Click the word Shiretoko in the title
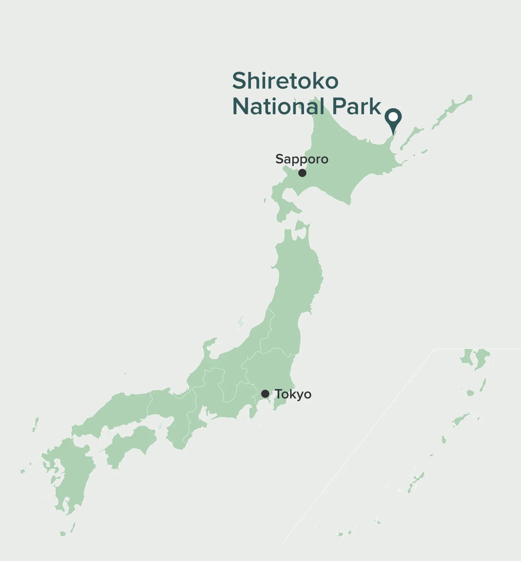pos(285,81)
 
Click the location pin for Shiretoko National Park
pos(393,120)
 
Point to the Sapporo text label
pos(302,159)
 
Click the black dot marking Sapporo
pos(302,173)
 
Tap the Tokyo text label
pos(293,394)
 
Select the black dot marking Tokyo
pos(265,394)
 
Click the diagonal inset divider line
pos(359,441)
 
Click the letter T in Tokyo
pos(278,394)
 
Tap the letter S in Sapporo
pos(279,159)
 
